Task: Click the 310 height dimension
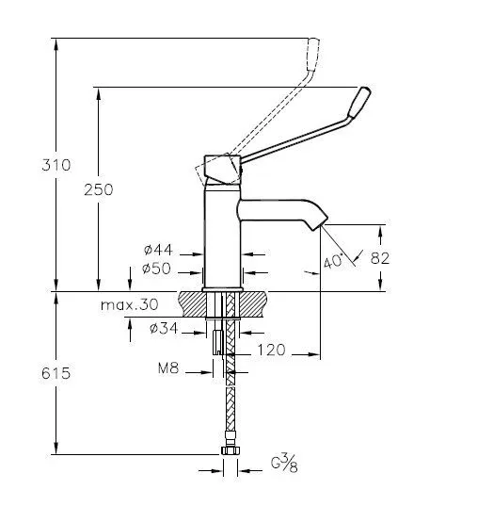click(x=56, y=165)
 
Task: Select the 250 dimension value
click(x=99, y=189)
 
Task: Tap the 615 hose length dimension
click(x=56, y=373)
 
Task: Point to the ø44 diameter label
click(x=158, y=250)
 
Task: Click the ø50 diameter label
click(x=156, y=269)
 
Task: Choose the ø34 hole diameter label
click(x=164, y=328)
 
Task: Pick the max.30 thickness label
click(x=130, y=304)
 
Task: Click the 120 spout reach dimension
click(x=271, y=350)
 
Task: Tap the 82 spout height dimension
click(x=380, y=258)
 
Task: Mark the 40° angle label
click(x=333, y=261)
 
